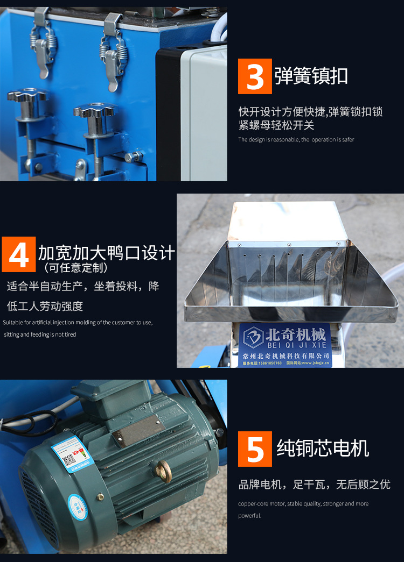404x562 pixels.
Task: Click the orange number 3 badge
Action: click(x=255, y=76)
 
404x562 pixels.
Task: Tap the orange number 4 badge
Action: click(x=18, y=254)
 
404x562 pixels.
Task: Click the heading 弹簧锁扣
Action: click(x=311, y=76)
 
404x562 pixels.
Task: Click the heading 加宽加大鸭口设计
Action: click(x=106, y=253)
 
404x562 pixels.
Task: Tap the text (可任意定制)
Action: click(x=75, y=268)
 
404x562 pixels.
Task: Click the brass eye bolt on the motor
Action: click(x=161, y=470)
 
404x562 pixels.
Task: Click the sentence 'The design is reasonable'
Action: click(x=296, y=140)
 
